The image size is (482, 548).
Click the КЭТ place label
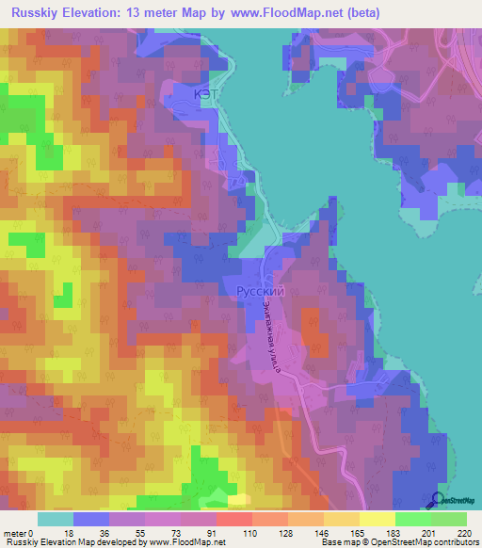(x=184, y=95)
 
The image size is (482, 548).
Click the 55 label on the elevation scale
(x=139, y=532)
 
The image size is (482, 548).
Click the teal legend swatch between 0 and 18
(x=56, y=519)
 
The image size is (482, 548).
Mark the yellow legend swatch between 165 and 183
(x=377, y=519)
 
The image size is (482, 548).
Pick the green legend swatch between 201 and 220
(x=448, y=519)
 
